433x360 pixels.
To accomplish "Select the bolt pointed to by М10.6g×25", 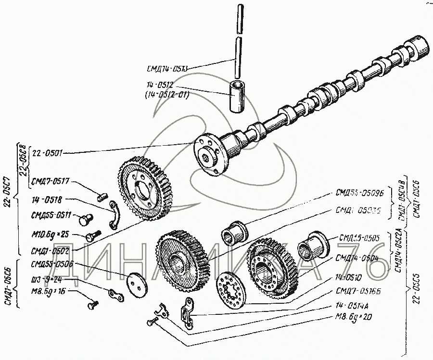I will click(x=91, y=236).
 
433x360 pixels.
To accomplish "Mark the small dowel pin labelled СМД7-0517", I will click(x=101, y=196).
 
